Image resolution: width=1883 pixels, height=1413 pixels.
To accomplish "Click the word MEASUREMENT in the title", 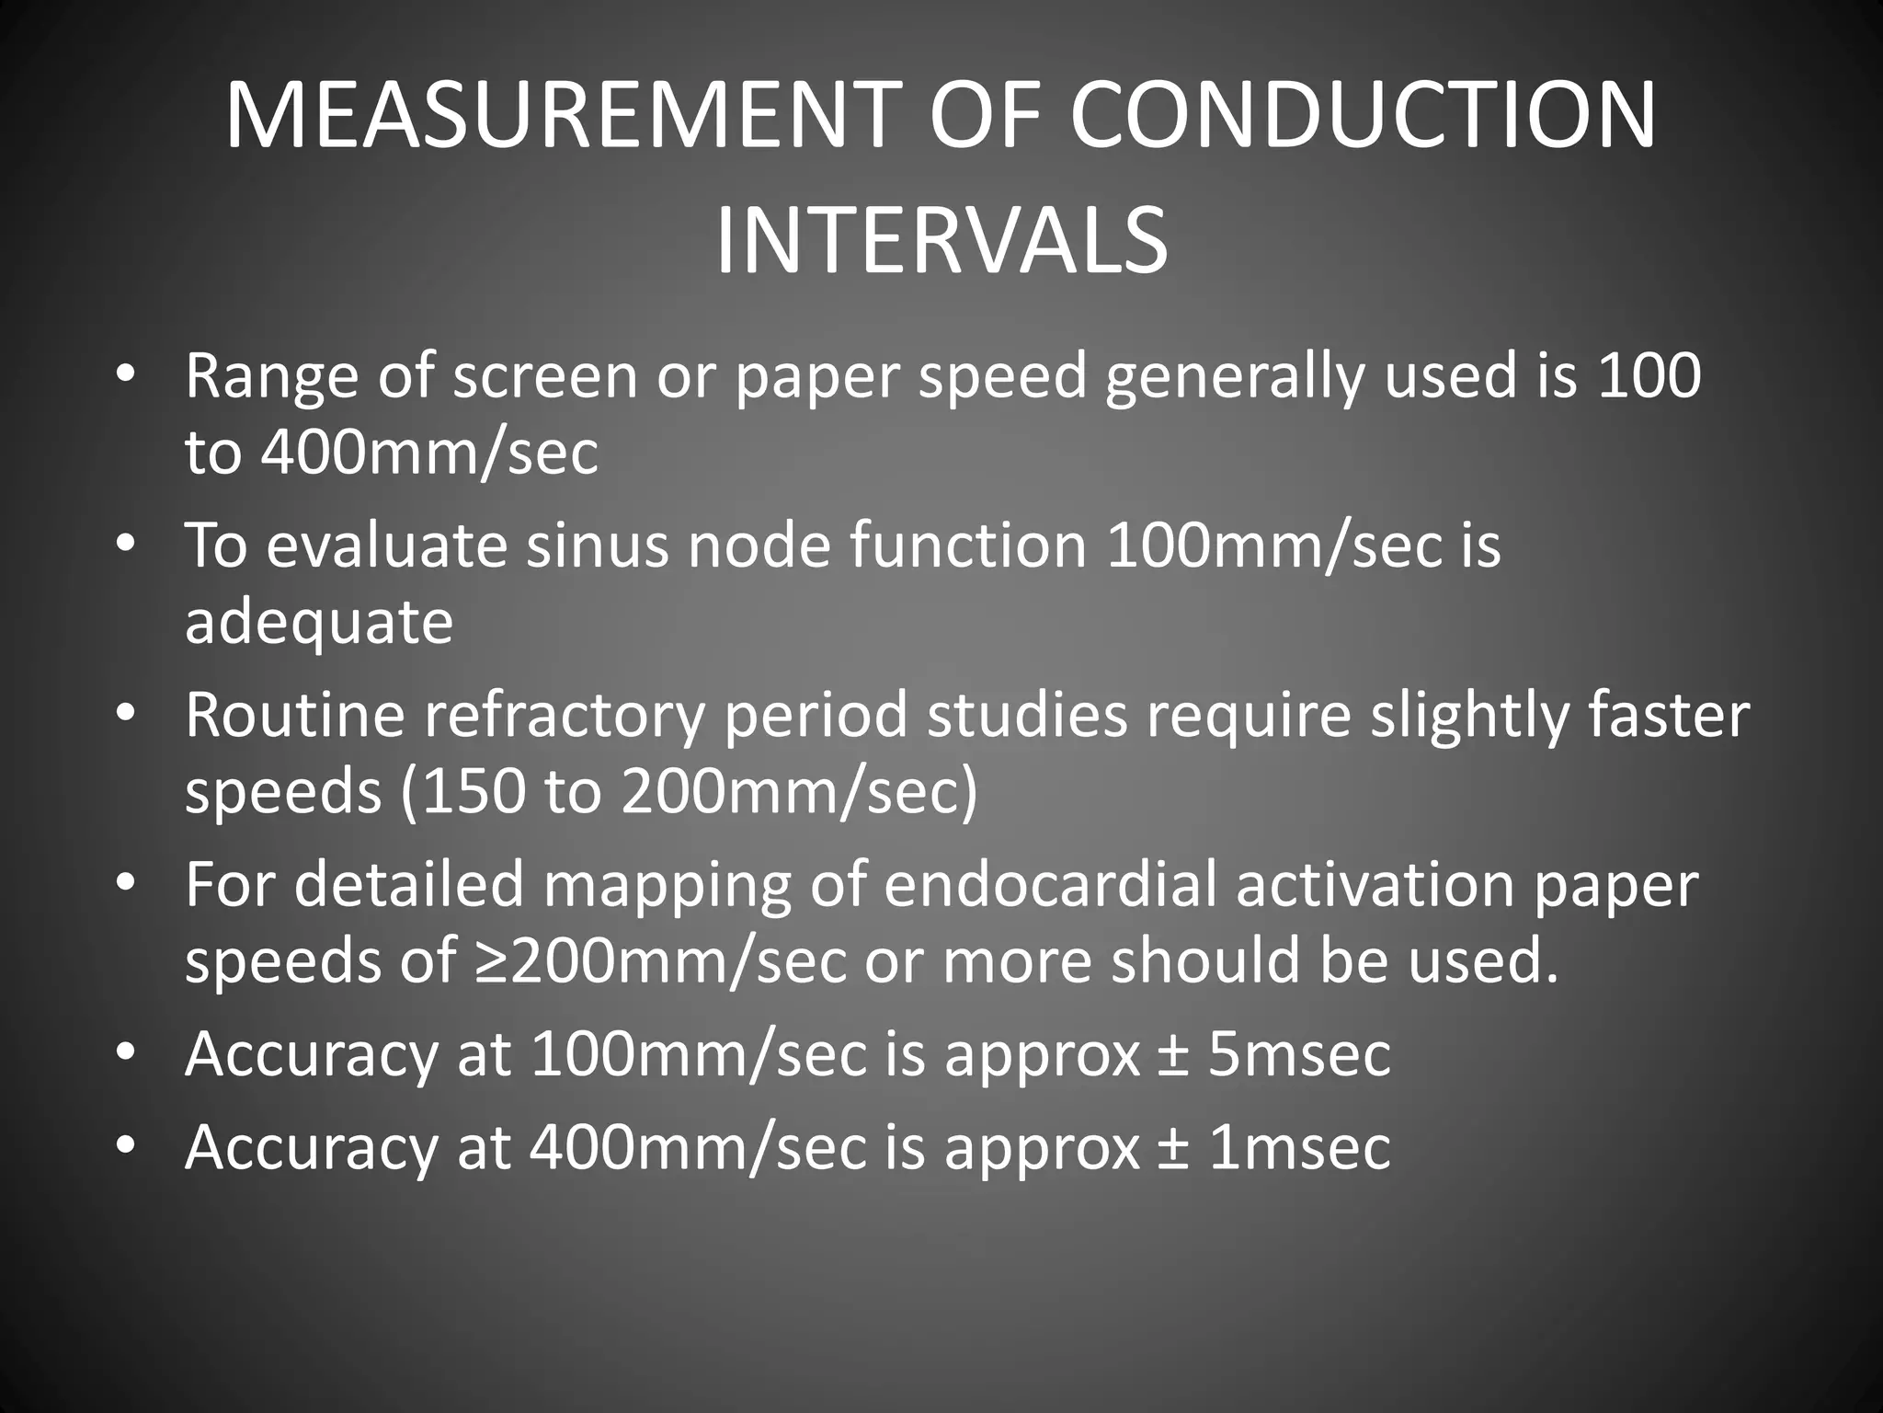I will pyautogui.click(x=555, y=116).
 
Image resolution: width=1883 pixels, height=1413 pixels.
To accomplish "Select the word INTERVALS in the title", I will pyautogui.click(x=941, y=241).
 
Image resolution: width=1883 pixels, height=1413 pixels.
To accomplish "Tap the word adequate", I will pyautogui.click(x=319, y=622).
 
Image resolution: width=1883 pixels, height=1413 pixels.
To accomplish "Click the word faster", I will pyautogui.click(x=1668, y=715).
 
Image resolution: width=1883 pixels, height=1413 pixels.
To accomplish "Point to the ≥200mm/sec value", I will pyautogui.click(x=661, y=960).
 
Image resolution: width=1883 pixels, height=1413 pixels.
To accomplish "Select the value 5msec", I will pyautogui.click(x=1298, y=1053).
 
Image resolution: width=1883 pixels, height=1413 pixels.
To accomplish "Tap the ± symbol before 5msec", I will pyautogui.click(x=1173, y=1053).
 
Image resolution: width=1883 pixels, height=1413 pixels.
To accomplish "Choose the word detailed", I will pyautogui.click(x=409, y=884).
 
